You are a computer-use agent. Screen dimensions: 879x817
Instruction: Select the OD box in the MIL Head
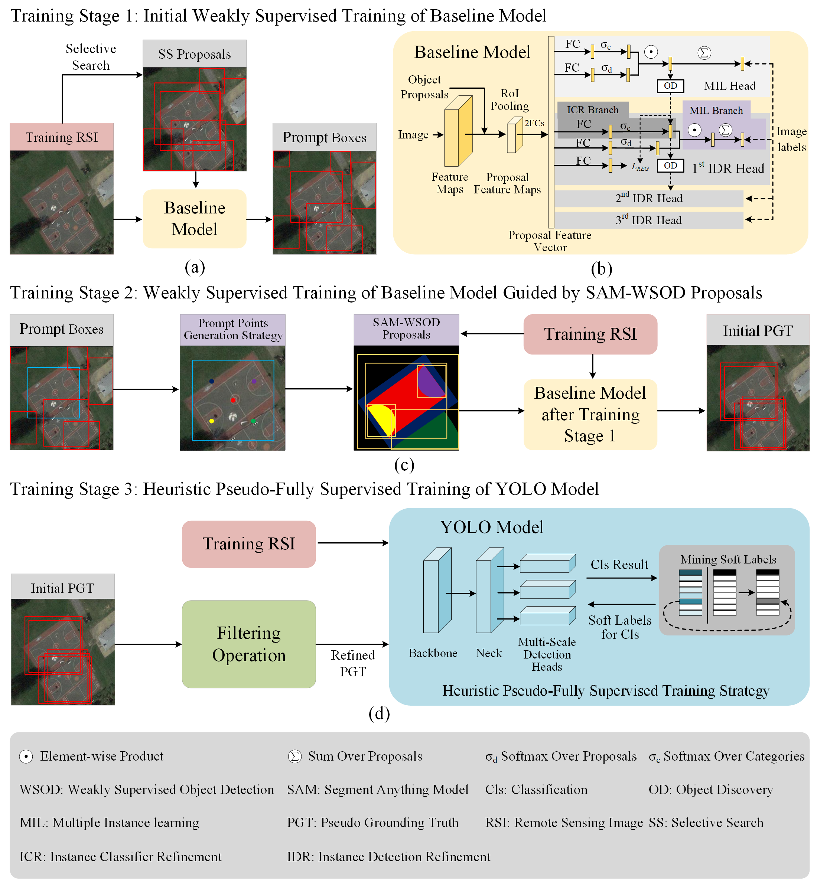coord(670,86)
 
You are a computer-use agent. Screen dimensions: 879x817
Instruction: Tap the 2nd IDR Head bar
coord(648,199)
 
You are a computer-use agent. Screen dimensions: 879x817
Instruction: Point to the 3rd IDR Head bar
coord(648,220)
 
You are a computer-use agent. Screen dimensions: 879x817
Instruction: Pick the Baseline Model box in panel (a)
coord(195,219)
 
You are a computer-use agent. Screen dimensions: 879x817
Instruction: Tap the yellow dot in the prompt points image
coord(212,421)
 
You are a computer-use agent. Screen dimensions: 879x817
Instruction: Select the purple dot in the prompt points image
coord(254,381)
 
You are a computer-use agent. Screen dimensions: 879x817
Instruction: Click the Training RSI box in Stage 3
coord(248,543)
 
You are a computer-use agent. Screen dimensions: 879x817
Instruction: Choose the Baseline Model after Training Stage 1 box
coord(590,414)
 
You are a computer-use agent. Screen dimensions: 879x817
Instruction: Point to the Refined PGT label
coord(352,663)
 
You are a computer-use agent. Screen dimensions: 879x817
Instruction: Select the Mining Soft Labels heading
coord(728,559)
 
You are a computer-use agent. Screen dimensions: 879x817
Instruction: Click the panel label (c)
coord(404,464)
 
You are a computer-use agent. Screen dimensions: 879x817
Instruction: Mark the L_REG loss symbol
coord(640,167)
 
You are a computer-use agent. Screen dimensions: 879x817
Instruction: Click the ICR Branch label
coord(592,110)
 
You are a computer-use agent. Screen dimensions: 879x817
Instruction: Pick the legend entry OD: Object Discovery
coord(710,789)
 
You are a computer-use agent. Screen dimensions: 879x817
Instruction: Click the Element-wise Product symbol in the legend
coord(26,757)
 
